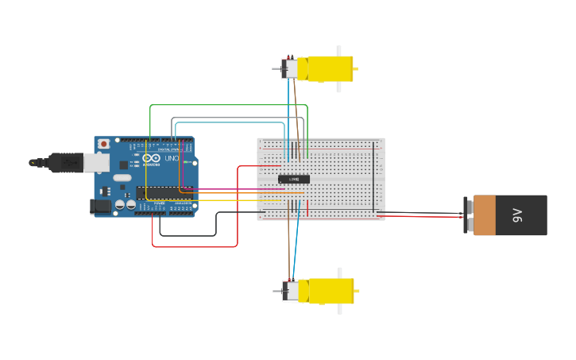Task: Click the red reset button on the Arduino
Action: coord(104,144)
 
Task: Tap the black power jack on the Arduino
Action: coord(100,206)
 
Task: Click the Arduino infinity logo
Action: coord(152,159)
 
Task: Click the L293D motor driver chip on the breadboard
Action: coord(294,179)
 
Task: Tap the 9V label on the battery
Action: coord(516,215)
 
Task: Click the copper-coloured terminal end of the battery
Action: coord(484,215)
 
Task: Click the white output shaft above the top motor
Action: coord(339,50)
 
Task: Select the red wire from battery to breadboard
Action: coord(421,216)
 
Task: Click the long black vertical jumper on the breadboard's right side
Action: coord(376,179)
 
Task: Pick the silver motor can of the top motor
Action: coord(292,68)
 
